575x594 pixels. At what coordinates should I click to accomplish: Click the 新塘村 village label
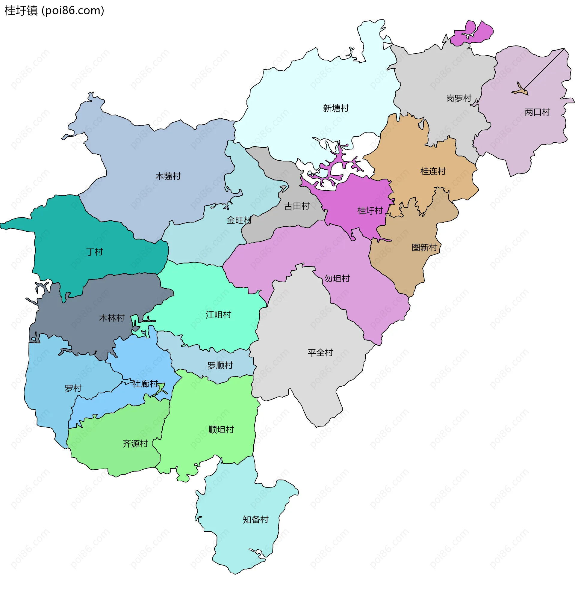(x=335, y=108)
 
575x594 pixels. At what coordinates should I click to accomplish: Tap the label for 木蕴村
(x=168, y=176)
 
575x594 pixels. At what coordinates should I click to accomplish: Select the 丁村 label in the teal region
(x=94, y=252)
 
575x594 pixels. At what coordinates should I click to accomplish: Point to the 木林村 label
(x=112, y=318)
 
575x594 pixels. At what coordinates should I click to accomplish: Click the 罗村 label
(x=73, y=388)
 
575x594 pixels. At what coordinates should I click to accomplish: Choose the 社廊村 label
(x=145, y=384)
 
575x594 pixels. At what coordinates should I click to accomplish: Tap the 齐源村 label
(x=135, y=444)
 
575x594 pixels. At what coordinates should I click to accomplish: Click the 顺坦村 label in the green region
(x=221, y=429)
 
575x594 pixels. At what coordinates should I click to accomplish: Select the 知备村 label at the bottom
(x=255, y=519)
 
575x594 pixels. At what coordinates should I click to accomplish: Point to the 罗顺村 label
(x=220, y=366)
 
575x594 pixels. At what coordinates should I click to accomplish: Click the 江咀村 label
(x=218, y=315)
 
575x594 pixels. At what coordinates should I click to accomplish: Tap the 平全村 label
(x=320, y=353)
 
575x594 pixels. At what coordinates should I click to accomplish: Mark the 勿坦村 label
(x=337, y=278)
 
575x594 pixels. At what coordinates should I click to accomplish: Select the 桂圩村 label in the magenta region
(x=370, y=211)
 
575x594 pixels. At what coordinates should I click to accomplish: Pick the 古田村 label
(x=297, y=206)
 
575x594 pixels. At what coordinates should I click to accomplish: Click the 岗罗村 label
(x=459, y=98)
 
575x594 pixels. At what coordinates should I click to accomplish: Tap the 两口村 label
(x=537, y=112)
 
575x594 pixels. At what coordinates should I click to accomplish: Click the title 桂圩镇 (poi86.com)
(x=55, y=10)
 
